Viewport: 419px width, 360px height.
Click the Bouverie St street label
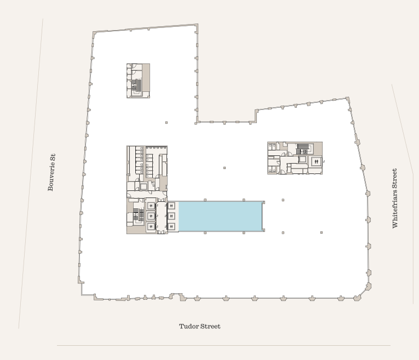(x=51, y=172)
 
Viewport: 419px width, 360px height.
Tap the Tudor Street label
(x=199, y=326)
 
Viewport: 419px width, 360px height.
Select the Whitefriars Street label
(x=395, y=198)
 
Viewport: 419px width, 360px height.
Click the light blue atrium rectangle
(x=220, y=216)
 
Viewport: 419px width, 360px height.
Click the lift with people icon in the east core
(x=317, y=161)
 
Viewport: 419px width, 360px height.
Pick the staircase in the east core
(x=303, y=149)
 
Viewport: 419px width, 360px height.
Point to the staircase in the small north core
(x=136, y=85)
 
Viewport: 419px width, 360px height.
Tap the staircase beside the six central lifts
(x=139, y=216)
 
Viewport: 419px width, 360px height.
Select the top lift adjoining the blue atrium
(x=171, y=206)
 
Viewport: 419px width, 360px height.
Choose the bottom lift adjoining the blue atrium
(x=171, y=227)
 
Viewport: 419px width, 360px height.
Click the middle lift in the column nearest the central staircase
(x=151, y=216)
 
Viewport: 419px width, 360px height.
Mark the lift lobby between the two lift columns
(x=161, y=217)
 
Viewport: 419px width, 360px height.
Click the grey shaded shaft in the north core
(x=146, y=77)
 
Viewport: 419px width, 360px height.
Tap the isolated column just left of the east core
(x=225, y=168)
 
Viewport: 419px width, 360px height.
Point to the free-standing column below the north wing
(x=167, y=123)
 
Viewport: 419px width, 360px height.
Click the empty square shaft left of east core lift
(x=302, y=160)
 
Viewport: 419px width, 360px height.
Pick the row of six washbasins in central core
(x=141, y=163)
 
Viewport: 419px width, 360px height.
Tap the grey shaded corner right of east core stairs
(x=318, y=149)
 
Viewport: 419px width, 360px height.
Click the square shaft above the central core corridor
(x=144, y=187)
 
